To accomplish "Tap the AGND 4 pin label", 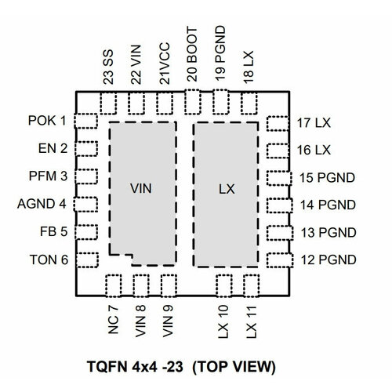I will pyautogui.click(x=41, y=205).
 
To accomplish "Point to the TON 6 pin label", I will pyautogui.click(x=47, y=260).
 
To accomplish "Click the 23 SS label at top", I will pyautogui.click(x=109, y=67).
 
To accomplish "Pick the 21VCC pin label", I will pyautogui.click(x=165, y=63).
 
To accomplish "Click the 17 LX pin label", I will pyautogui.click(x=314, y=122).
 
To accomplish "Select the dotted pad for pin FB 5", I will pyautogui.click(x=85, y=232).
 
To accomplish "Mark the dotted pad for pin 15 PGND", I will pyautogui.click(x=277, y=177).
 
